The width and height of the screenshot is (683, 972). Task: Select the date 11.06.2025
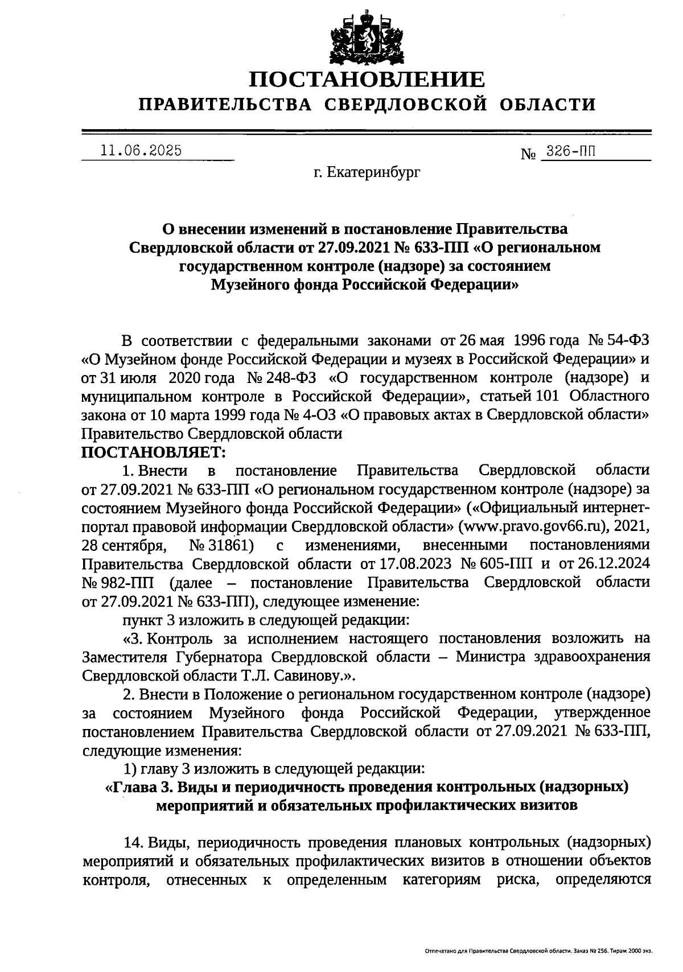(x=141, y=151)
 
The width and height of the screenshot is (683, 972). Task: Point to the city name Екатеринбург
(x=375, y=171)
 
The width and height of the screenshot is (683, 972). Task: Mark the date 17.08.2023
(x=409, y=564)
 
